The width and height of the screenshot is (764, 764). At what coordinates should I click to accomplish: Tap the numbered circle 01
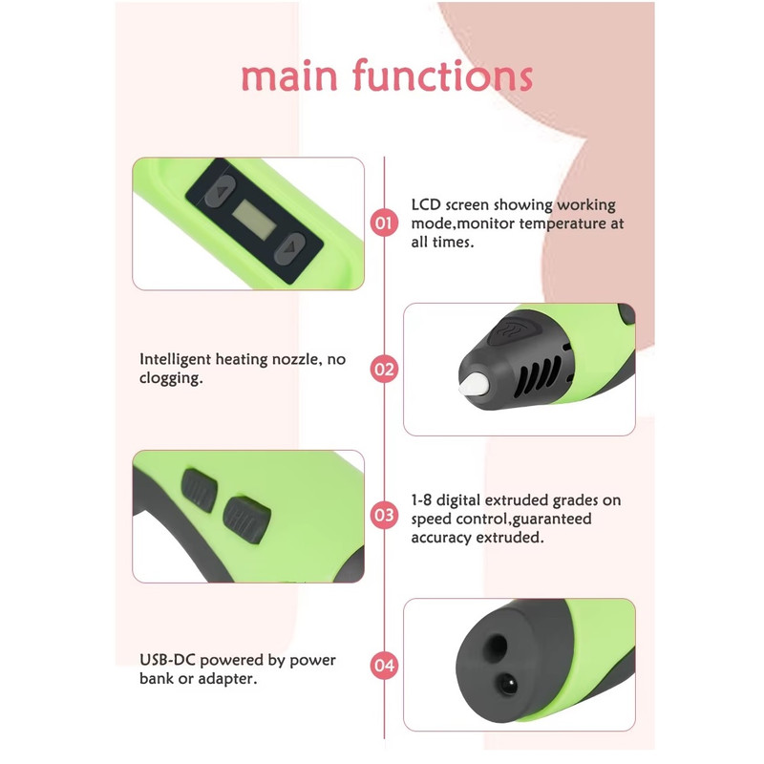(384, 223)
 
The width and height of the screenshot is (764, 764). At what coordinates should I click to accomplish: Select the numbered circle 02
(384, 370)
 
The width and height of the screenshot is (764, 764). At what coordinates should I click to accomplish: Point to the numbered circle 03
(384, 515)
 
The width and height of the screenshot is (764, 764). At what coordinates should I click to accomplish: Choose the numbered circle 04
(384, 665)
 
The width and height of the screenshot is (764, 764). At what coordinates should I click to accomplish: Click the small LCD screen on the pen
(253, 220)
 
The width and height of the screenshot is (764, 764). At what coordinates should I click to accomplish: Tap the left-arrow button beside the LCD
(221, 191)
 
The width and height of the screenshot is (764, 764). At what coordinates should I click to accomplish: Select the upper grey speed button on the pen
(200, 490)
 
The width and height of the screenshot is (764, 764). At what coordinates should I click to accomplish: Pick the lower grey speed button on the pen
(246, 520)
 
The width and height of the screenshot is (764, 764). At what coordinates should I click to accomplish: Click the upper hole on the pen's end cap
(495, 647)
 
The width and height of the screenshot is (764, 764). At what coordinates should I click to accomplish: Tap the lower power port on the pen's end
(507, 683)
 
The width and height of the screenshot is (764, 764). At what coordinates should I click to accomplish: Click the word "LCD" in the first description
(426, 204)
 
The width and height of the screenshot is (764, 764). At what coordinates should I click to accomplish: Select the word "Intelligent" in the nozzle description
(175, 360)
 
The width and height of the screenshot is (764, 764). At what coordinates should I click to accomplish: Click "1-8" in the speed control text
(421, 500)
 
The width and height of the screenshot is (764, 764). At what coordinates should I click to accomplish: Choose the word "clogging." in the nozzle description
(171, 378)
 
